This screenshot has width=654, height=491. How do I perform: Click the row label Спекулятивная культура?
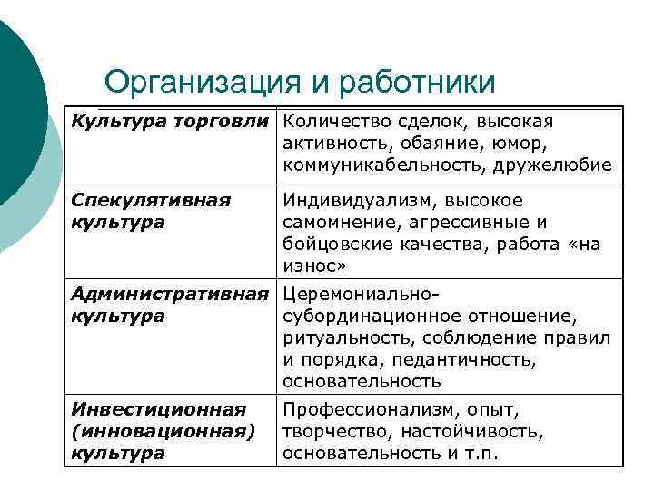pyautogui.click(x=151, y=211)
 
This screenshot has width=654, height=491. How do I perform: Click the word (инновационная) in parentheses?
pyautogui.click(x=163, y=431)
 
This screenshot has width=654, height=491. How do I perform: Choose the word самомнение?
pyautogui.click(x=335, y=222)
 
